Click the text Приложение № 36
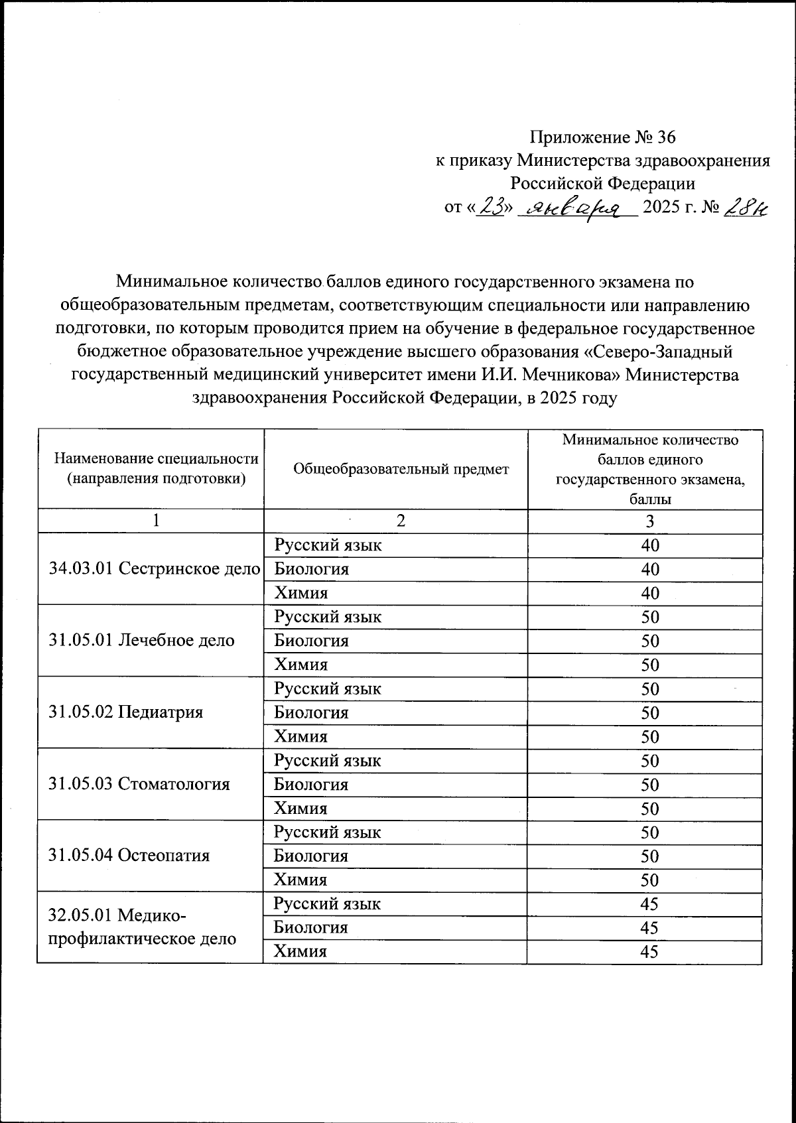coord(602,137)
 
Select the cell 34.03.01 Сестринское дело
coord(155,568)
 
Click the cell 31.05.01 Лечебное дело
coord(142,640)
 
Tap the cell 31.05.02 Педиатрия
coord(126,712)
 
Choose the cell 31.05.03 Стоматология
coord(139,784)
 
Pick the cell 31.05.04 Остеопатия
coord(129,855)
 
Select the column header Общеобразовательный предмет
coord(401,469)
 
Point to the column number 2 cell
coord(400,521)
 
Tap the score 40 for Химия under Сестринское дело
coord(650,593)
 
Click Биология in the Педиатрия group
coord(311,712)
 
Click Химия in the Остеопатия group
coord(300,880)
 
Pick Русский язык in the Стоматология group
coord(328,760)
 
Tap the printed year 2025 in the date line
coord(667,208)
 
